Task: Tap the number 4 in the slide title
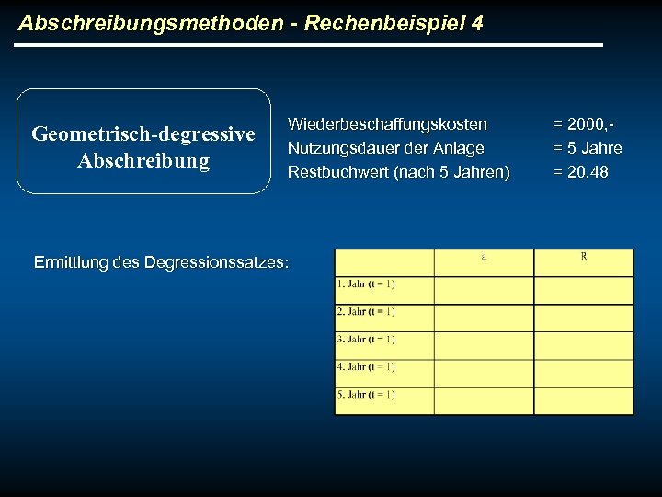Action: coord(475,22)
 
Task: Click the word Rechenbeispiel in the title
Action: coord(382,22)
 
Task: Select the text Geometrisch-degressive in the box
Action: coord(143,134)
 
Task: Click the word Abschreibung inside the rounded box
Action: coord(143,161)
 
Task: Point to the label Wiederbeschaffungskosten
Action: coord(387,123)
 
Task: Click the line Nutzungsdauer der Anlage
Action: coord(385,147)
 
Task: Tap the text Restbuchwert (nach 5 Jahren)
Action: coord(398,172)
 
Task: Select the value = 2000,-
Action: coord(583,123)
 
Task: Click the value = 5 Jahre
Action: coord(587,147)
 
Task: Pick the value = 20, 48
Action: coord(580,172)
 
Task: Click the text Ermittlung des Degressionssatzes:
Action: coord(161,262)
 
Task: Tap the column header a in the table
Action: coord(484,257)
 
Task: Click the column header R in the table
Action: coord(584,257)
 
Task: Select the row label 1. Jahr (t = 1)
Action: coord(366,283)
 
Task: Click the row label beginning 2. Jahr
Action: coord(366,311)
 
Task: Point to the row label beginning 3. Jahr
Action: coord(366,339)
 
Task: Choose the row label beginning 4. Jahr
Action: coord(366,366)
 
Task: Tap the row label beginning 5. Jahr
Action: coord(366,394)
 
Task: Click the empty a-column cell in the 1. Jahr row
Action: coord(484,290)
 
